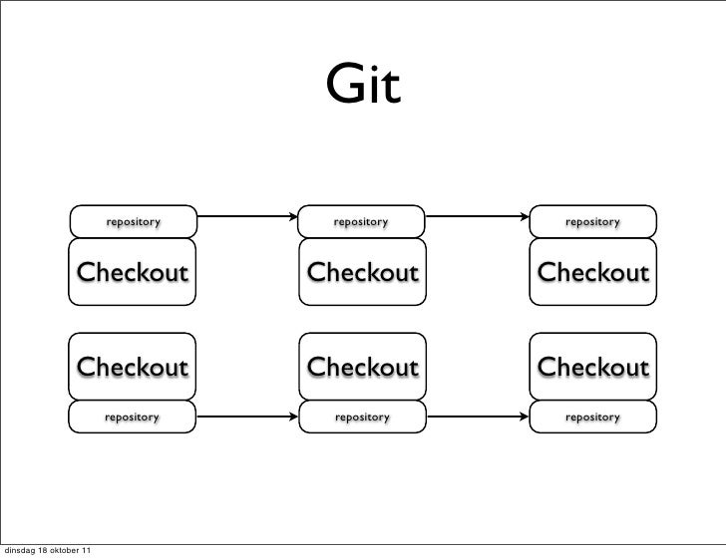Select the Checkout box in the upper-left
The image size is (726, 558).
(133, 272)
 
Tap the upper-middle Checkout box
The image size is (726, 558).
(362, 272)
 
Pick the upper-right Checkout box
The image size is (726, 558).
(593, 272)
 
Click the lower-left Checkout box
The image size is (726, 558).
(133, 367)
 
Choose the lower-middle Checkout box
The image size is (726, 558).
(362, 367)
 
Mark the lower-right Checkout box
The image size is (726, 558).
(593, 367)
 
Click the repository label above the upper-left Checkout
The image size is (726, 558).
(133, 221)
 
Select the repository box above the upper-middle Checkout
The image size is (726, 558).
(362, 221)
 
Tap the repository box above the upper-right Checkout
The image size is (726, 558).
(593, 221)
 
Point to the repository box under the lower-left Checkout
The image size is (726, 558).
(133, 417)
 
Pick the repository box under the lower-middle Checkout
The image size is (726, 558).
(362, 417)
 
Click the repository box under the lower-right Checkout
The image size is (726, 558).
(593, 417)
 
